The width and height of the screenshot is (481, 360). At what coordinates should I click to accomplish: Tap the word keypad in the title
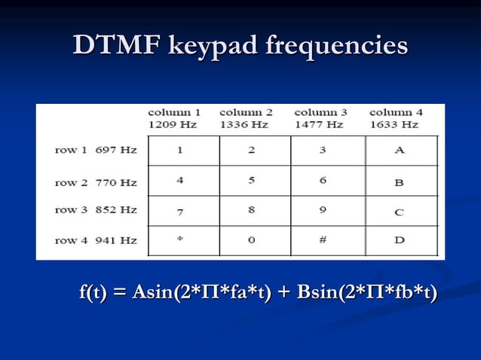pos(212,46)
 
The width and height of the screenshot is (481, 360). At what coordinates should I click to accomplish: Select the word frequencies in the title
pos(337,46)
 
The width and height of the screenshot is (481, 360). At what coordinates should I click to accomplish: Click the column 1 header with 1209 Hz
pos(173,118)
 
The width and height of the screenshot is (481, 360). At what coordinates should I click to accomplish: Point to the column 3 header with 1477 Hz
pos(320,118)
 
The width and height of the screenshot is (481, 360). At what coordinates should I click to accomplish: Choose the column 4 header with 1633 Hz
pos(395,118)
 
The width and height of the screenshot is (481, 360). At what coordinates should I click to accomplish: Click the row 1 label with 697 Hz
pos(96,150)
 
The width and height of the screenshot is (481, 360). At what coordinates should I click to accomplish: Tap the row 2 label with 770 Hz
pos(96,182)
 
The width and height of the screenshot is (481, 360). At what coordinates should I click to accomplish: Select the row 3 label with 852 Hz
pos(96,209)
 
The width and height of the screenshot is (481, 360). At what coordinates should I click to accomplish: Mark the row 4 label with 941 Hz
pos(96,240)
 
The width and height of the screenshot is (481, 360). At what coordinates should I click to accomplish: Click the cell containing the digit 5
pos(251,182)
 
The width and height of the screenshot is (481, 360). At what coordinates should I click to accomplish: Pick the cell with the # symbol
pos(323,240)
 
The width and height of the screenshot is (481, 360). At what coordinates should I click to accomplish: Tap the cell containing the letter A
pos(399,150)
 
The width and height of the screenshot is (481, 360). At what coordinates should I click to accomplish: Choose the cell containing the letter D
pos(399,240)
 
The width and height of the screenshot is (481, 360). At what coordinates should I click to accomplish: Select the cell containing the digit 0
pos(251,240)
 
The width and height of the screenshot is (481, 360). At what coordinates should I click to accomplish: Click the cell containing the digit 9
pos(323,210)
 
